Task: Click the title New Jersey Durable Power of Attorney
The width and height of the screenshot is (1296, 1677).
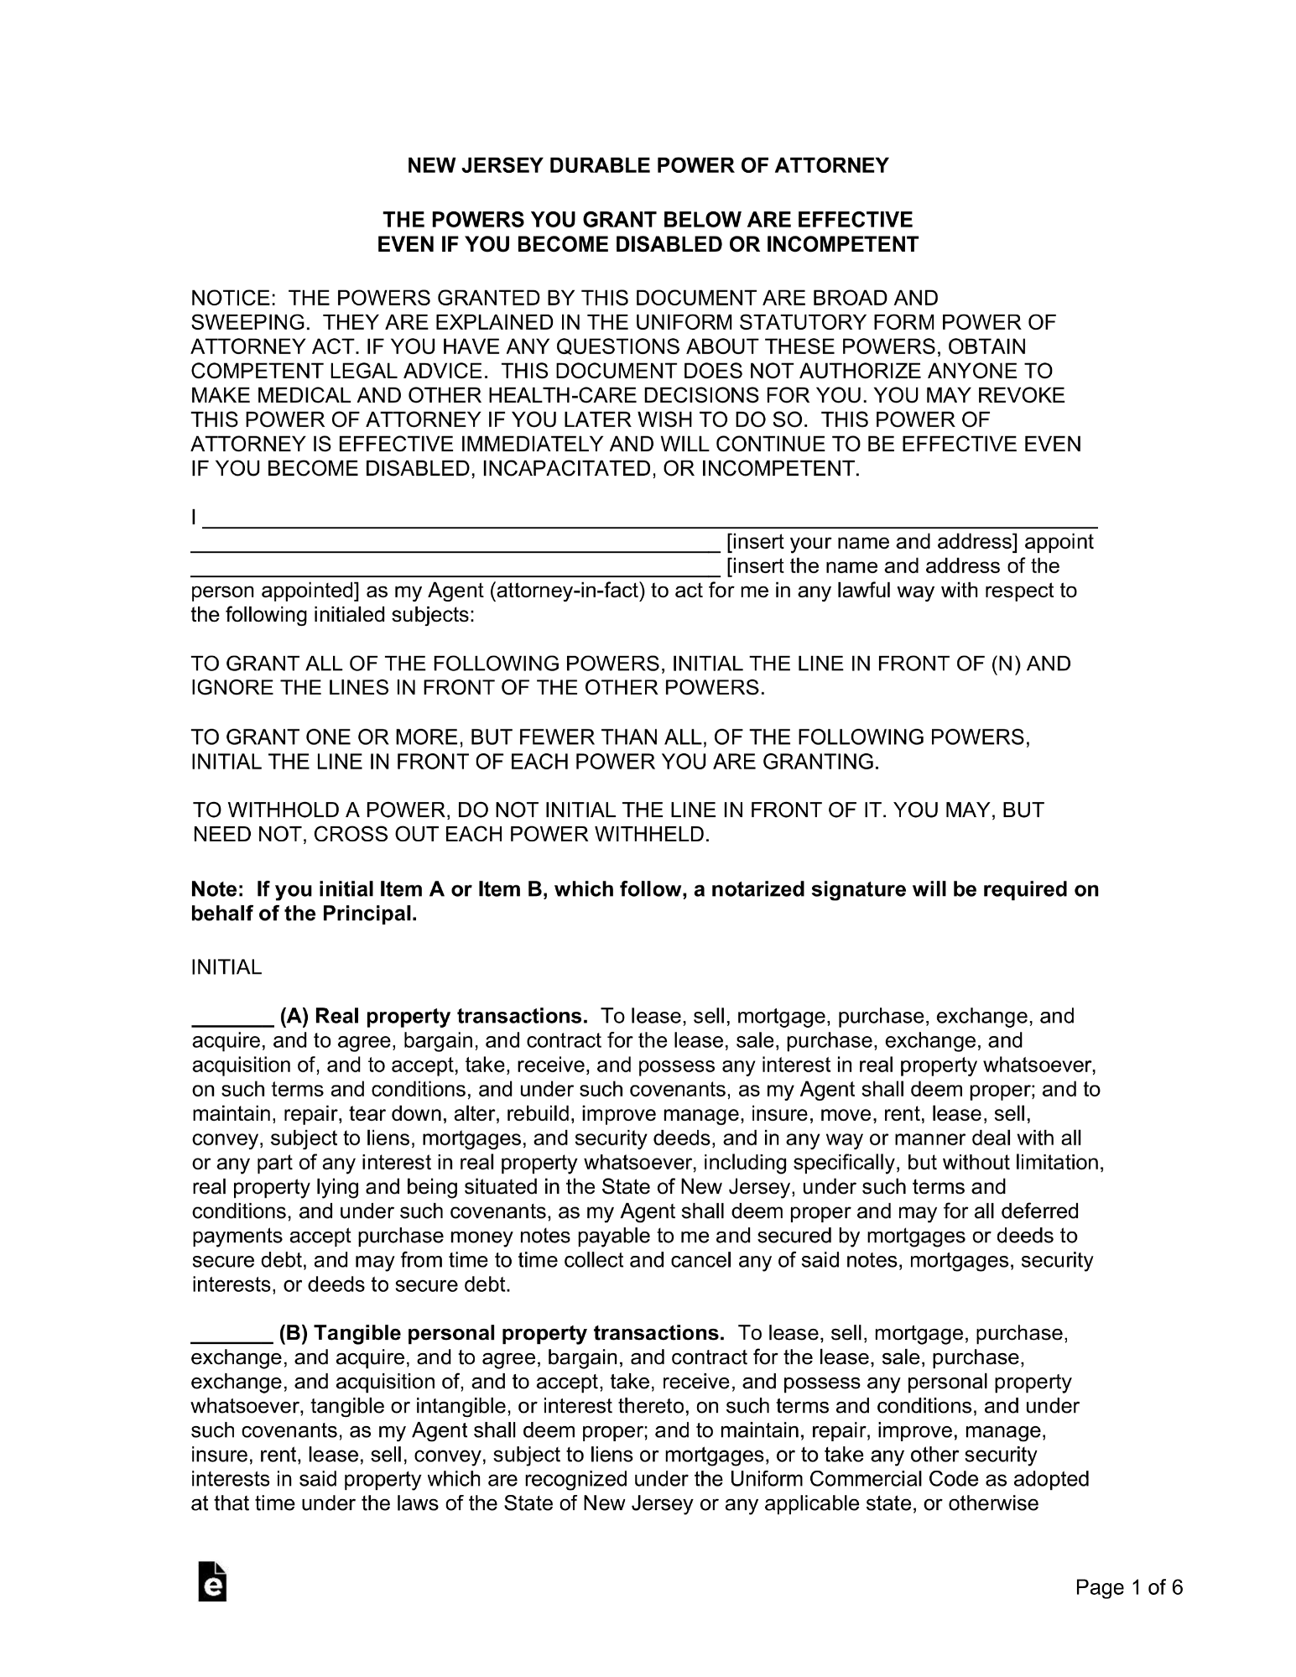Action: [647, 166]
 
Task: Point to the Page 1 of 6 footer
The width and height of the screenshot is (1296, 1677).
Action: [1129, 1587]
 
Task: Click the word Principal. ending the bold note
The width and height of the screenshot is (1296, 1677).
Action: [370, 914]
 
